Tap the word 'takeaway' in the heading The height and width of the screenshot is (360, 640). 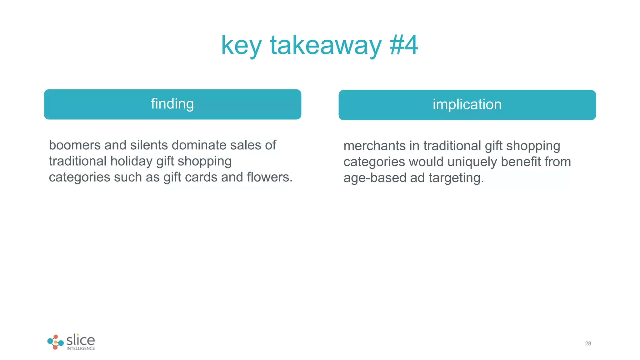coord(326,46)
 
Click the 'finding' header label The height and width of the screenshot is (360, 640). coord(172,104)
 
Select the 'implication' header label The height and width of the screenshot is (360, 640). coord(467,105)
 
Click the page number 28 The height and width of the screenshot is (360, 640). coord(588,343)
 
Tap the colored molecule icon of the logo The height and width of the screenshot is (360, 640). coord(55,342)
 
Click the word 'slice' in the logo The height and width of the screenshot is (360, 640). coord(81,340)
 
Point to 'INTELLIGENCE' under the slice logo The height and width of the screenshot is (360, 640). coord(81,348)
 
